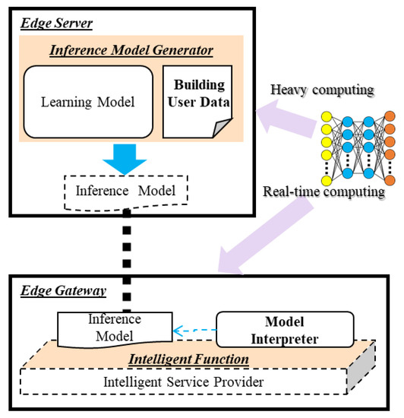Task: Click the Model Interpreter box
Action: point(285,328)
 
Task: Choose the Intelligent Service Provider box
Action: point(182,382)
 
